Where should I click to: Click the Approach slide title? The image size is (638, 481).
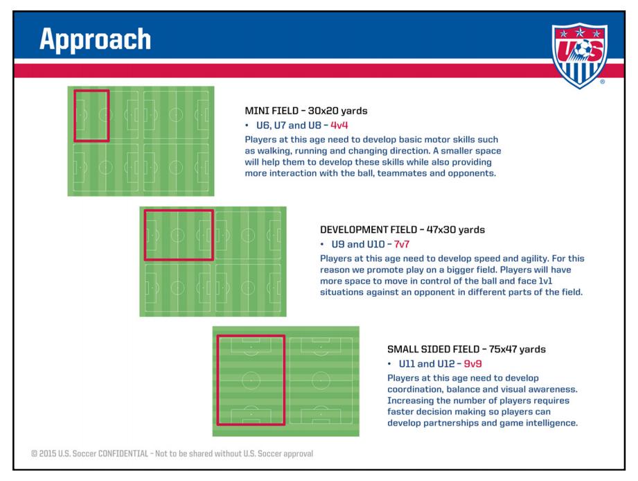pos(95,40)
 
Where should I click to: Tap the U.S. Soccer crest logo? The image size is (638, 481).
pos(579,55)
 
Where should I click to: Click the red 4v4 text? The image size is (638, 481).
pos(339,125)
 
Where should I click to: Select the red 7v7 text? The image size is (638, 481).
pos(401,244)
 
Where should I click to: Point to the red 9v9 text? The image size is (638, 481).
pos(472,364)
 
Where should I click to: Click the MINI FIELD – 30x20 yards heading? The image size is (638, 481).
pos(306,111)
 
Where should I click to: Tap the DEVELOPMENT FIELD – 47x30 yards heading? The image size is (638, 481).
pos(402,229)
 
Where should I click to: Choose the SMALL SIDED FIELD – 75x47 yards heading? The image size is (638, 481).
pos(466,349)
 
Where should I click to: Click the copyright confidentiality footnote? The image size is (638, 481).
pos(172,454)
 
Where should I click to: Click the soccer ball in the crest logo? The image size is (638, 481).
pos(583,49)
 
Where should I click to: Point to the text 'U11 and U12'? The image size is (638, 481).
pos(427,364)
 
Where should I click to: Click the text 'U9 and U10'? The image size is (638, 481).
pos(358,244)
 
